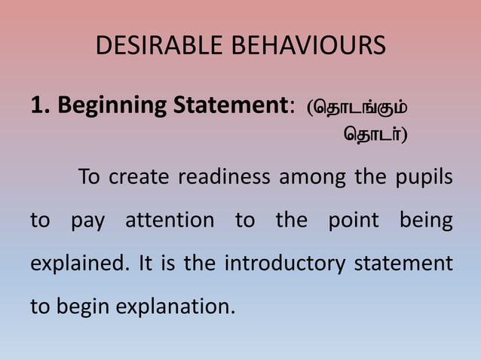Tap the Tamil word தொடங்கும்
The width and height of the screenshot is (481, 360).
[359, 107]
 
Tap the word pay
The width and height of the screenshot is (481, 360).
[88, 222]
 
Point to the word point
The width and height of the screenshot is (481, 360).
[354, 221]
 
